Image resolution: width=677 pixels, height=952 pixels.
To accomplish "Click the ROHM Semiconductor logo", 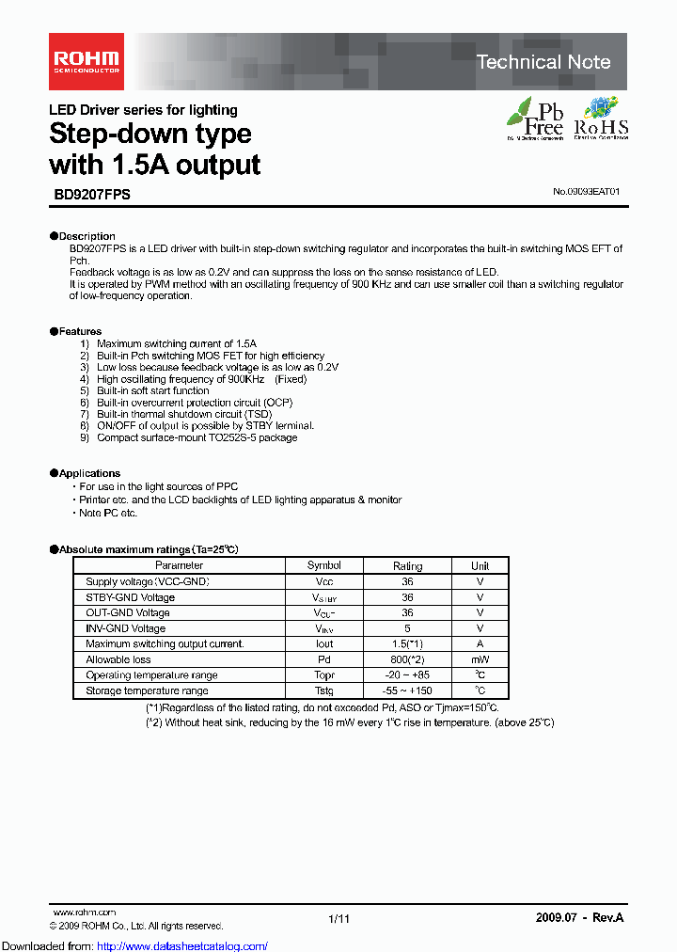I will click(85, 62).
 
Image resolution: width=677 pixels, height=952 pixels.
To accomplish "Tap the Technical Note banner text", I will click(543, 62).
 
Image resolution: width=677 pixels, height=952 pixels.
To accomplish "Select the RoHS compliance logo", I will click(600, 119).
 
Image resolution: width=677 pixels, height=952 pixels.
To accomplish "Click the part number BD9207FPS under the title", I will click(89, 195).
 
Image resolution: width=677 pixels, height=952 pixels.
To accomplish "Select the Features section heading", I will click(80, 331).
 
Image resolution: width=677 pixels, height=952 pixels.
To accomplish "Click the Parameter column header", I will click(179, 565).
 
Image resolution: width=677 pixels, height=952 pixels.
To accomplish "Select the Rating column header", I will click(407, 566).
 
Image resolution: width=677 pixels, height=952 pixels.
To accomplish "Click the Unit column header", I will click(480, 566).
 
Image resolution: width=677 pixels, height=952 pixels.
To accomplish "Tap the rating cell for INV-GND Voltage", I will click(407, 628).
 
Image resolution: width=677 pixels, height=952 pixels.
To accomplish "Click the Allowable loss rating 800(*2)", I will click(407, 659).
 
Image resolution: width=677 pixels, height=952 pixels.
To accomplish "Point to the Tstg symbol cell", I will click(324, 690).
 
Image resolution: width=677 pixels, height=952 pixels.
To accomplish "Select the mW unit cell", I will click(480, 659).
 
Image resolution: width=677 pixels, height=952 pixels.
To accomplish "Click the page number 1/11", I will click(338, 918).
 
